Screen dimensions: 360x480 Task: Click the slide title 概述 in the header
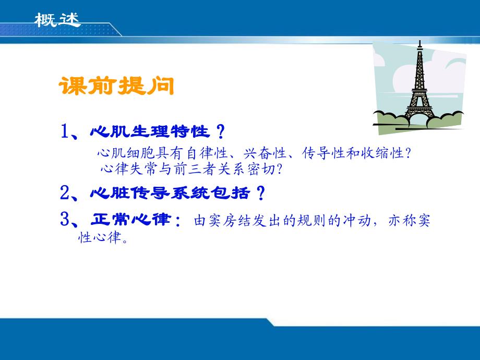click(57, 20)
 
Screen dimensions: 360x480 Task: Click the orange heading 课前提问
click(116, 86)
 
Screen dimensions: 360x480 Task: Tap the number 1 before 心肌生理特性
click(66, 131)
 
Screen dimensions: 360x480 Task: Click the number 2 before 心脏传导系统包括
click(66, 194)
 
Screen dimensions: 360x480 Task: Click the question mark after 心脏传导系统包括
click(259, 194)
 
